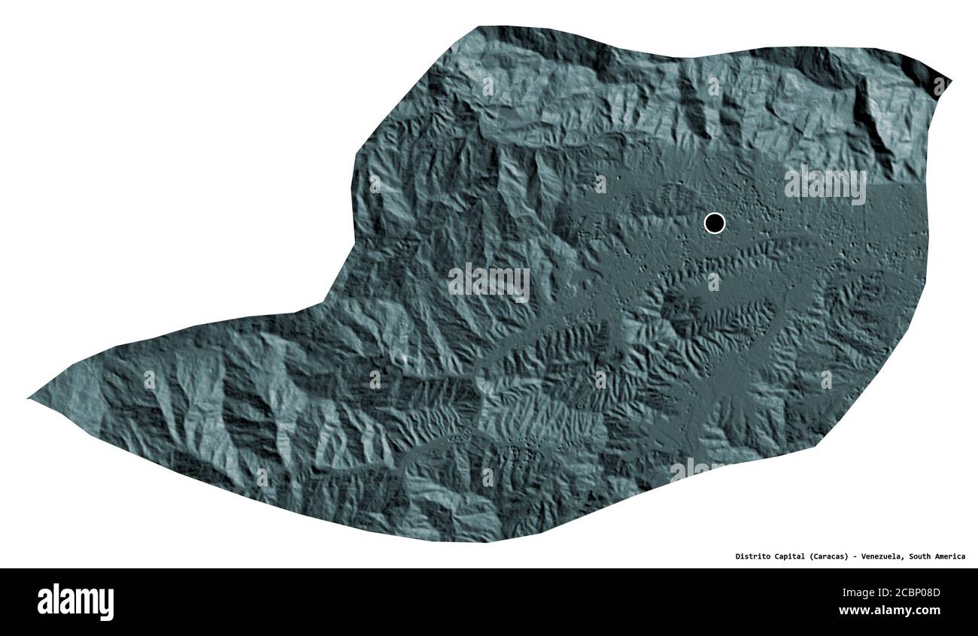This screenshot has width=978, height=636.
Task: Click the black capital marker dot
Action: coord(714,223)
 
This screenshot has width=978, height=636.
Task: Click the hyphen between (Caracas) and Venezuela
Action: coord(858,556)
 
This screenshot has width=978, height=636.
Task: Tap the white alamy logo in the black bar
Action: coord(75,602)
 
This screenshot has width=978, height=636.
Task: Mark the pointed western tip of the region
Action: coord(30,398)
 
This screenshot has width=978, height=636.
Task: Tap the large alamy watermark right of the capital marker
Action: coord(825,184)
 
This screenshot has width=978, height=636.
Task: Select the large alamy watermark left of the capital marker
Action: coord(489,282)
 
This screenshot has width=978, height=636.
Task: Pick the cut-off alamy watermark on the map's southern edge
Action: coord(696,470)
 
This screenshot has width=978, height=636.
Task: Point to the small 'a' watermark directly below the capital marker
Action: coord(713,282)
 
